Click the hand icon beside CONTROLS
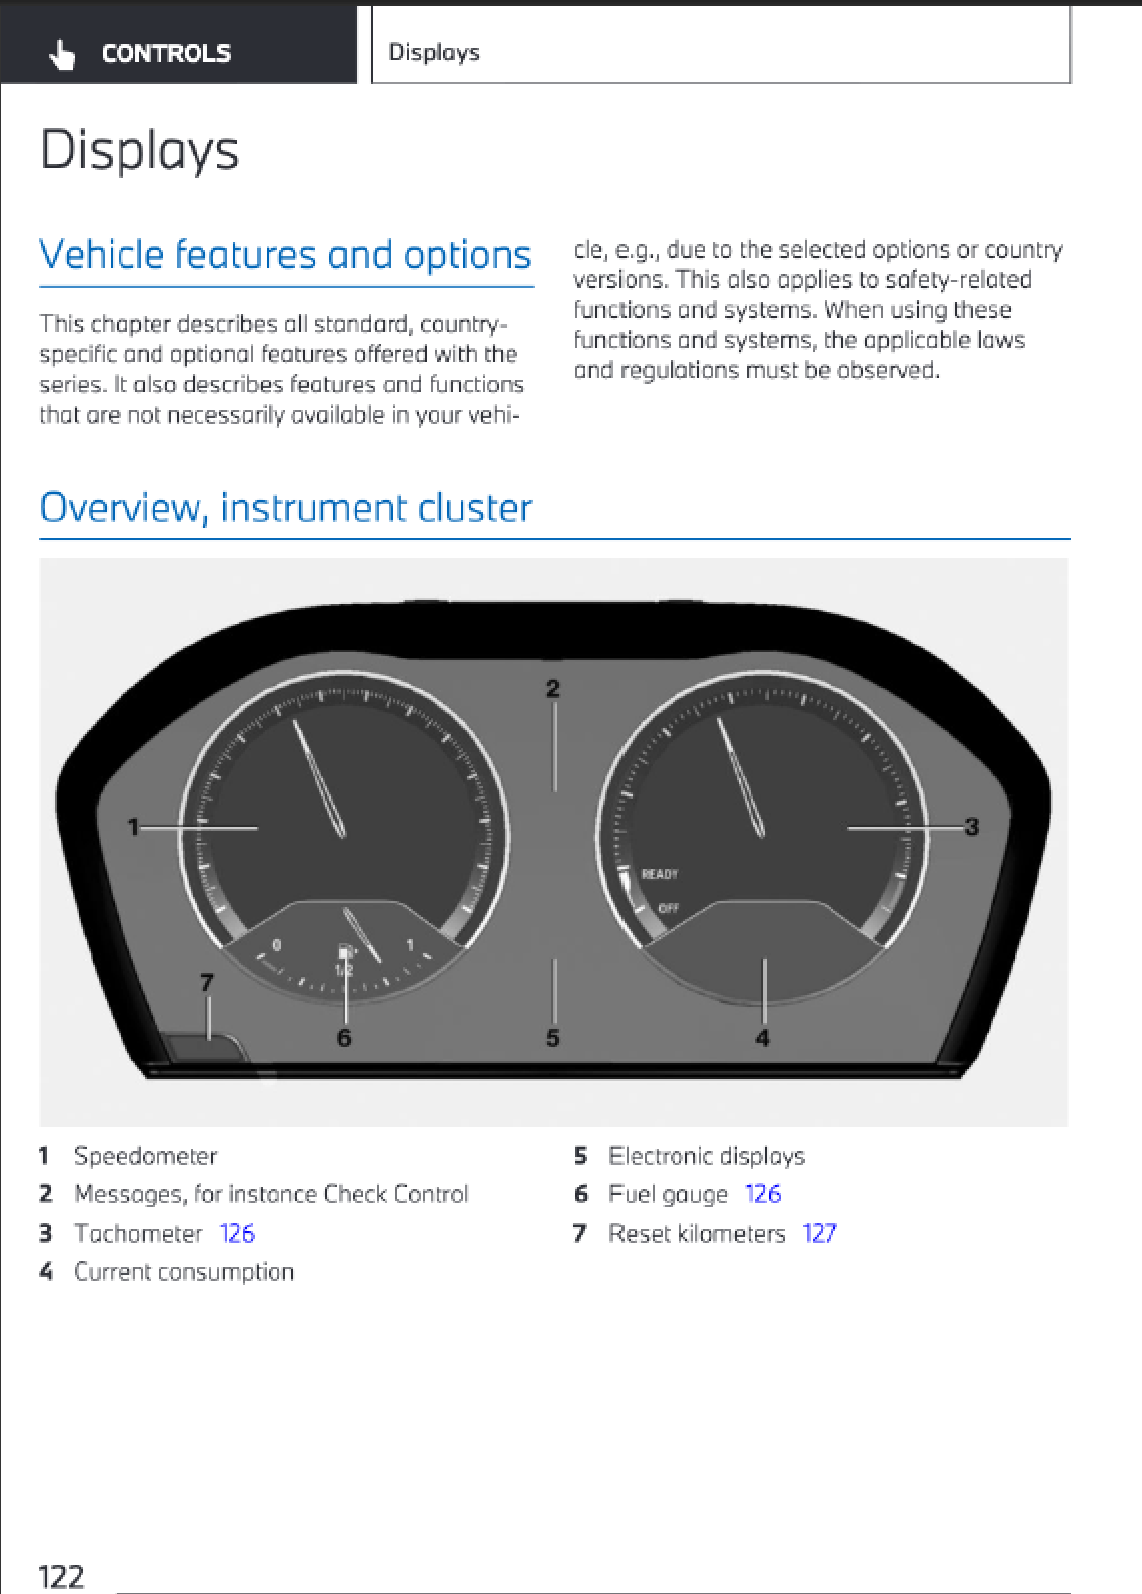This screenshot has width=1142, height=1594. (62, 55)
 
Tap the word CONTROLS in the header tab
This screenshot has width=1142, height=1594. (166, 54)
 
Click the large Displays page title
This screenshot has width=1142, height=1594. (139, 151)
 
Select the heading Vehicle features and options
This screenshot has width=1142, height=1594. (285, 255)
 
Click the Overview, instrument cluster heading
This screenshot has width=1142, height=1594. (285, 508)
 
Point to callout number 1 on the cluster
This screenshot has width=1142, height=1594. (133, 827)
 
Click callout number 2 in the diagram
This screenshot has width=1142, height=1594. (553, 688)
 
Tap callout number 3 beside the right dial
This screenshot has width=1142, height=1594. (971, 827)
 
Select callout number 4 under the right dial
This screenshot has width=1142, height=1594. (763, 1038)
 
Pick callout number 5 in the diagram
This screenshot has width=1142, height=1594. (553, 1038)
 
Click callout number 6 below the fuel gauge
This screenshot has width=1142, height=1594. (344, 1038)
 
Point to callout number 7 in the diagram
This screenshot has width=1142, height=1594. (207, 982)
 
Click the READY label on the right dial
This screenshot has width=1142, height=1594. (660, 874)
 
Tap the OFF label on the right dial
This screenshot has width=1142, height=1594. (669, 908)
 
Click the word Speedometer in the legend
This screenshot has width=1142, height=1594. (146, 1156)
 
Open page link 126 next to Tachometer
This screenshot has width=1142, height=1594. (237, 1234)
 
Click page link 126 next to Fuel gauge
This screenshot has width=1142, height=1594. (763, 1194)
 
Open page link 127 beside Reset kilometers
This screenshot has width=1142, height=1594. (819, 1234)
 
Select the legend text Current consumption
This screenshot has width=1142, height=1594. (184, 1272)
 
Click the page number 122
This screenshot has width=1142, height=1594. (61, 1577)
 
